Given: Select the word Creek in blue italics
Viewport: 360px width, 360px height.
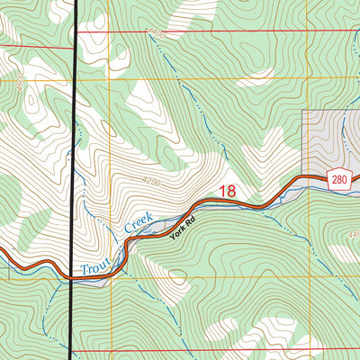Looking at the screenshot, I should [x=140, y=225].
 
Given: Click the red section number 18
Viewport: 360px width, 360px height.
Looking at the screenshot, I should [x=228, y=191].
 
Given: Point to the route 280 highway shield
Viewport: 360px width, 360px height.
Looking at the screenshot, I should [x=337, y=178].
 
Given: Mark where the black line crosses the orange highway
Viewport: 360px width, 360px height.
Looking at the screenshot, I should [x=71, y=278].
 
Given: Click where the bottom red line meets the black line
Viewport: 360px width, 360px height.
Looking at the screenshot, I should [x=71, y=351].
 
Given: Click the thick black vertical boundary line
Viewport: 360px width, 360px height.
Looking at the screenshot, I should [x=72, y=135].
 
